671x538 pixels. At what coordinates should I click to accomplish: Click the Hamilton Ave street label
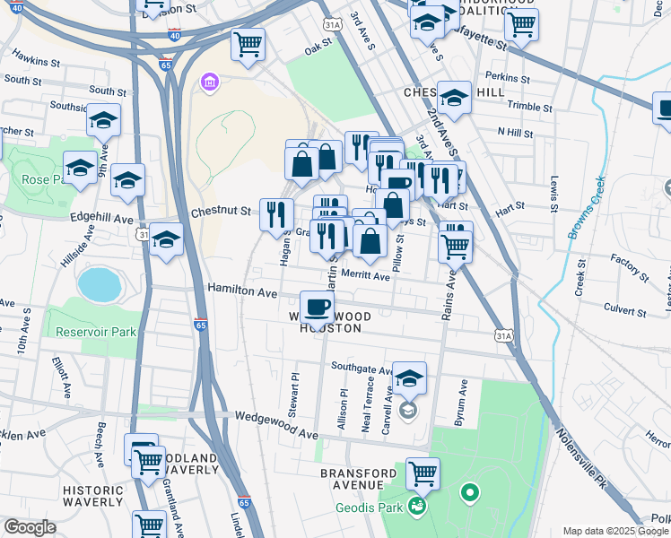click(x=243, y=290)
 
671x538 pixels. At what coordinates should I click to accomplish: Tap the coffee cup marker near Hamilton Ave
click(x=317, y=309)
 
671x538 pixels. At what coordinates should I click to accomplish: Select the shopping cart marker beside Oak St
click(x=248, y=44)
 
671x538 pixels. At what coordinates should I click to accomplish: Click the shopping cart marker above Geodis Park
click(x=423, y=473)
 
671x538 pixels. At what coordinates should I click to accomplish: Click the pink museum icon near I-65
click(x=210, y=82)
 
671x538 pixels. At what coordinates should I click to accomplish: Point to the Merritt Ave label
click(x=364, y=277)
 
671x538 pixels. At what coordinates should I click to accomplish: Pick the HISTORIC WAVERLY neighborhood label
click(x=92, y=496)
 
